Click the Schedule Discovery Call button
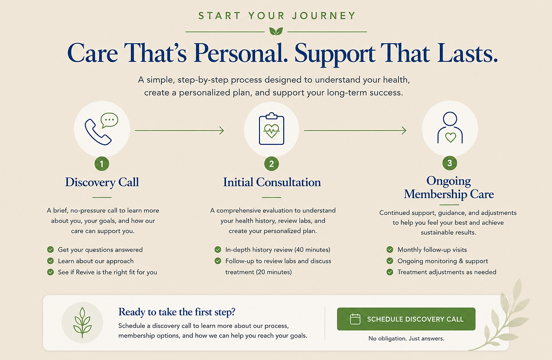click(406, 319)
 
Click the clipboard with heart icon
click(272, 129)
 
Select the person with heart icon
click(450, 127)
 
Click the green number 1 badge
click(102, 164)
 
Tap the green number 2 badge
click(272, 164)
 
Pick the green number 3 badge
click(449, 163)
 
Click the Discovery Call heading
click(102, 182)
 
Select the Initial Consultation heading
click(272, 182)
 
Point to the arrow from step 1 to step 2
click(179, 131)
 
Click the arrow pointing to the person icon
click(355, 131)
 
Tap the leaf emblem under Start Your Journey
click(276, 31)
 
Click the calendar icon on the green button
click(355, 319)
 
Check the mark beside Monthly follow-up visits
click(390, 250)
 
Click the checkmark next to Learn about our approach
click(51, 261)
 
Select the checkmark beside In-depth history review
click(218, 250)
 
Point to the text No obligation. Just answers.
click(406, 339)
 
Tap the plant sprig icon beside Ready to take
click(83, 322)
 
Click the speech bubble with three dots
click(109, 120)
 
